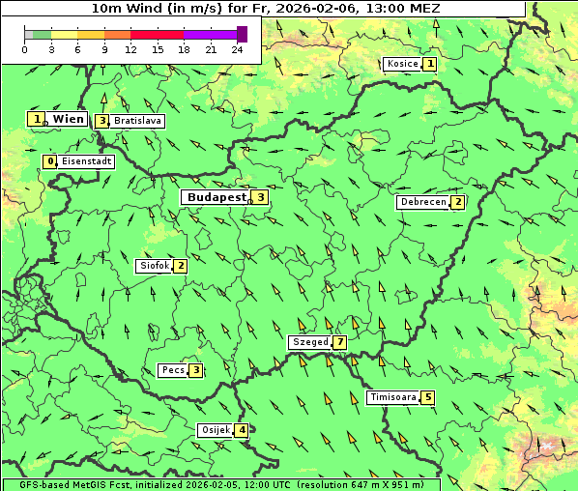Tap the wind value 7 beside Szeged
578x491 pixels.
click(339, 342)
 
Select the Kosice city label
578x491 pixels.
click(402, 64)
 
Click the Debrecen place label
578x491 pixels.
click(422, 202)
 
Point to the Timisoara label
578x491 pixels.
click(393, 397)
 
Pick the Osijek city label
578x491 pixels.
click(216, 430)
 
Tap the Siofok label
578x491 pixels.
click(155, 266)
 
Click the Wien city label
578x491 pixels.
click(69, 119)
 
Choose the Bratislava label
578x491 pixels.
click(137, 121)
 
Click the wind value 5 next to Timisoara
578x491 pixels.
click(428, 397)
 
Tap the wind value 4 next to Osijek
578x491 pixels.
click(242, 430)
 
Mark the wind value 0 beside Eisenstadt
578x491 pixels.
click(50, 161)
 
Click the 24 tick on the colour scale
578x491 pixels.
click(237, 49)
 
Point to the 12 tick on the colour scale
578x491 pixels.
click(130, 49)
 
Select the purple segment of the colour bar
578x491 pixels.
click(210, 34)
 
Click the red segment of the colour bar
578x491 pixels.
click(157, 34)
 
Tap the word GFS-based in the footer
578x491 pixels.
click(33, 484)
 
